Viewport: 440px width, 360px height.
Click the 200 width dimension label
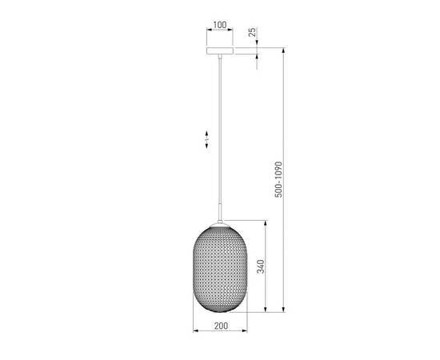(221, 326)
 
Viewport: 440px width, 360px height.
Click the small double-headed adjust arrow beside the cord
(206, 139)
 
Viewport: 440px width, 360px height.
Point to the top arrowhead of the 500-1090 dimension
(284, 51)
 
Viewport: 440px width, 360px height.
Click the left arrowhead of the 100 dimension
(207, 32)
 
